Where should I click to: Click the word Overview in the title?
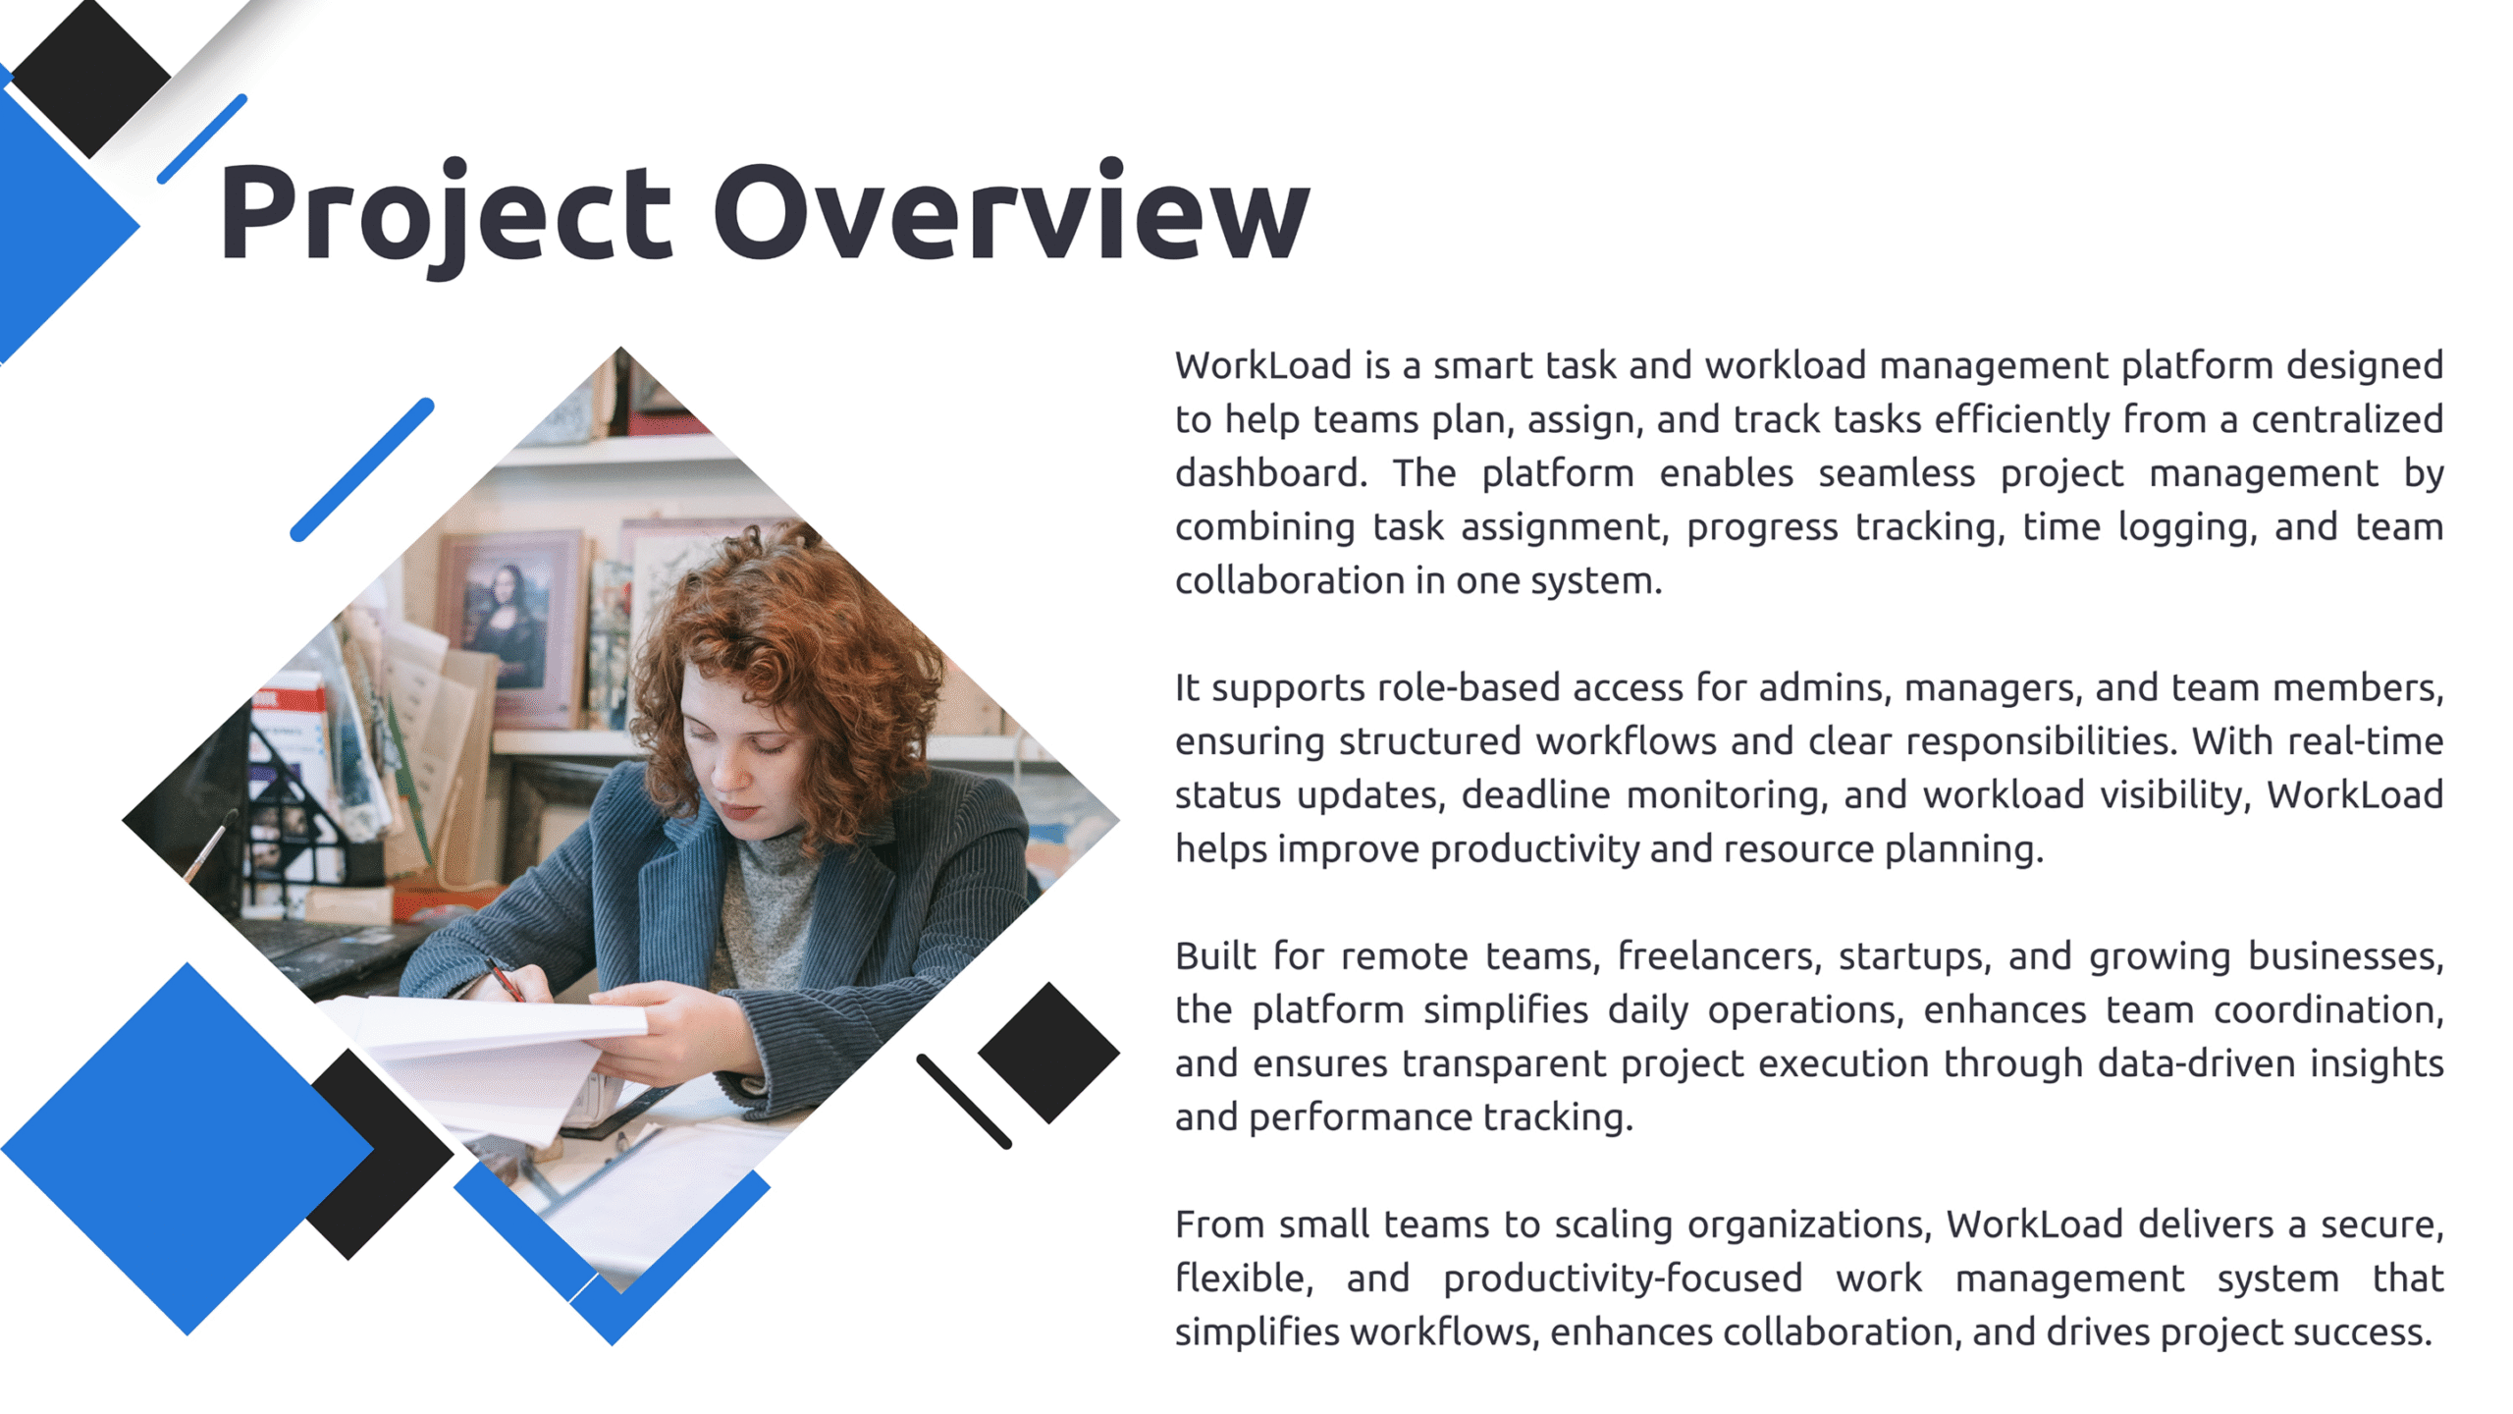(x=1011, y=211)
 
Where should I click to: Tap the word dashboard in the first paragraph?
(x=1270, y=473)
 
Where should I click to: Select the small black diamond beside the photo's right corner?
(x=1048, y=1053)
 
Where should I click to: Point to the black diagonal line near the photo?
(x=964, y=1102)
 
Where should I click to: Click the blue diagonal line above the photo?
(x=362, y=469)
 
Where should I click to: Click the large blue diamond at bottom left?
(x=187, y=1149)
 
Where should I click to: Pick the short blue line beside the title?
(x=202, y=138)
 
